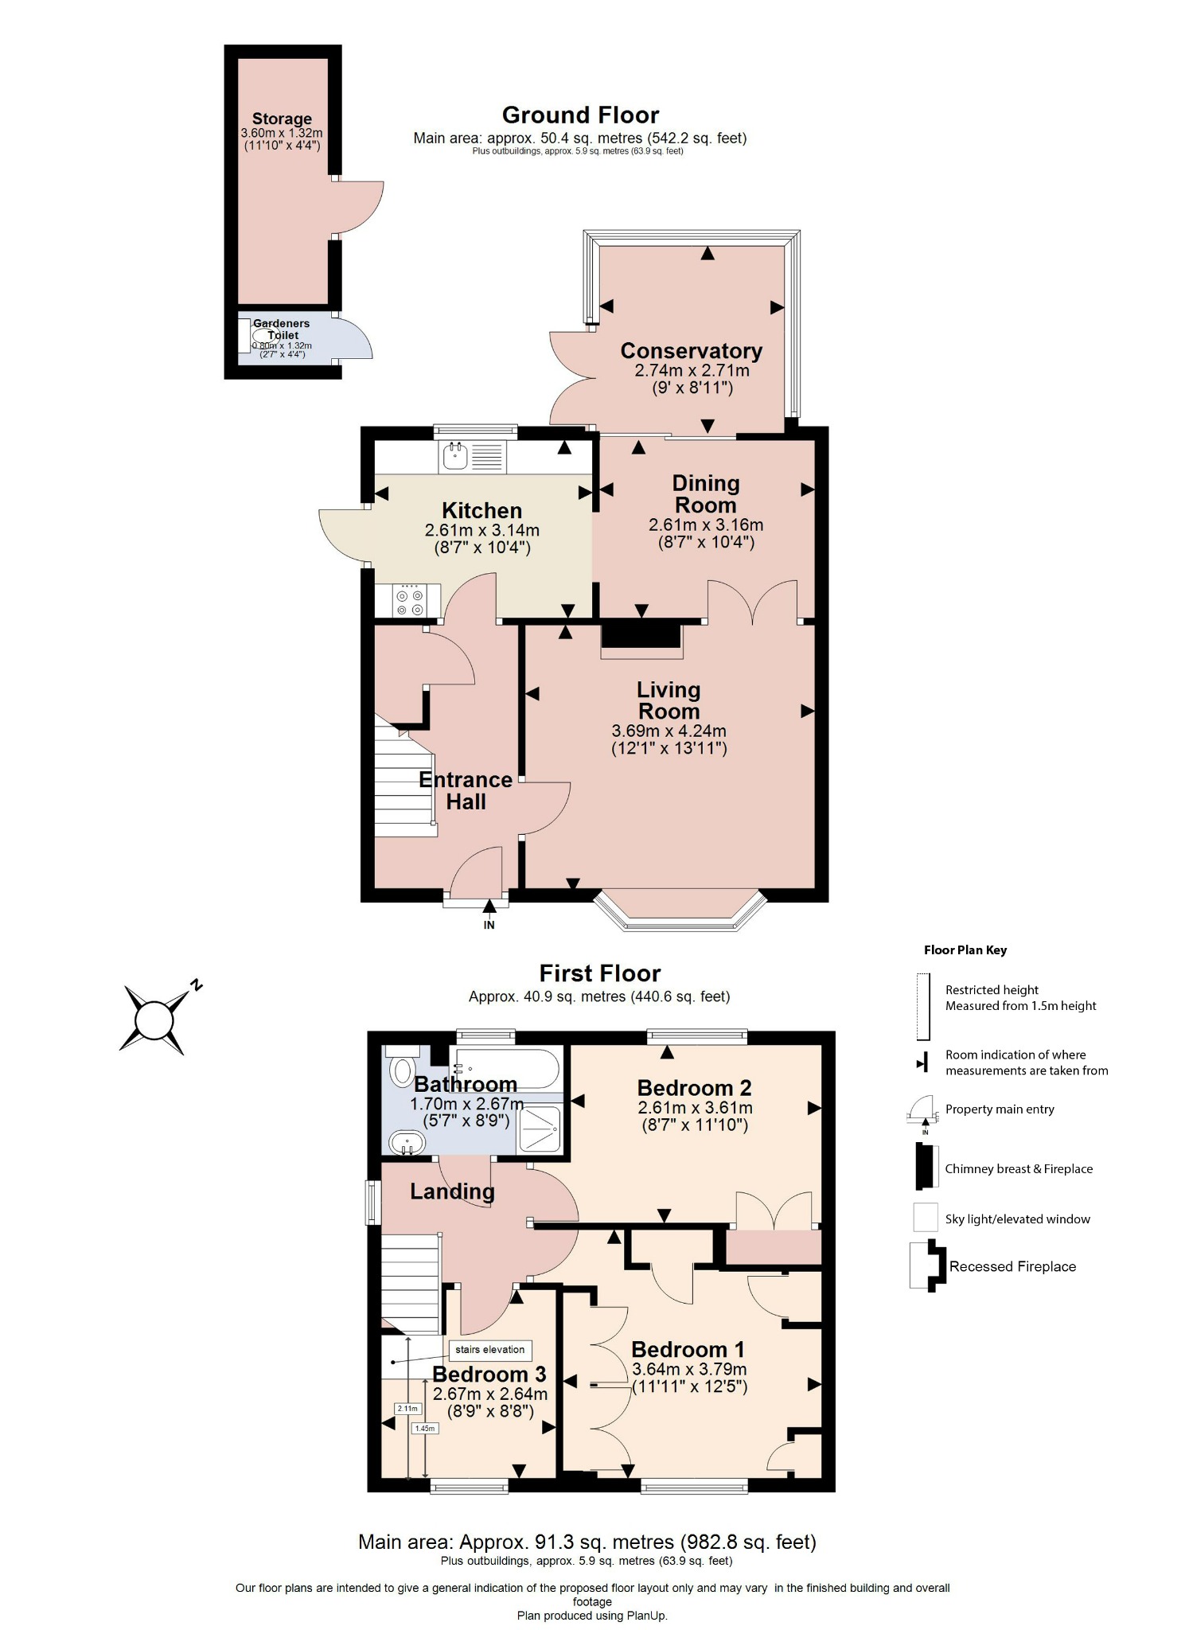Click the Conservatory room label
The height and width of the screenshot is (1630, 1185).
(691, 351)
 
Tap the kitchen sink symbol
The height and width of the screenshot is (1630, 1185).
(456, 457)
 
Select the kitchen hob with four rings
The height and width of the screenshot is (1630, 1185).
(410, 602)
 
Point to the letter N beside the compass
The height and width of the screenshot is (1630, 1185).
(196, 985)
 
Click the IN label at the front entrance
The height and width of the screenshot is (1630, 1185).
(489, 925)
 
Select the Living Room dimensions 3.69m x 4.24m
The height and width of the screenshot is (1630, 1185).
(669, 731)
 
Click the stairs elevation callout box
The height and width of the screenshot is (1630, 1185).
(489, 1349)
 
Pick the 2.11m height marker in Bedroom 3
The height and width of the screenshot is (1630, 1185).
(407, 1408)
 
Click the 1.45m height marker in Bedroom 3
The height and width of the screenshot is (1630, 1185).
(425, 1428)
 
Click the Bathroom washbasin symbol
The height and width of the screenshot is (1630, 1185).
(407, 1144)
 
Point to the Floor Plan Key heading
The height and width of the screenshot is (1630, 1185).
(965, 950)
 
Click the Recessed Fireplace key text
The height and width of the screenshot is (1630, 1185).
(1012, 1266)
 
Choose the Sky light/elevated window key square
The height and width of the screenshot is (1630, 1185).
(925, 1218)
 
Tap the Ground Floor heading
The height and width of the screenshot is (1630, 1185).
(580, 115)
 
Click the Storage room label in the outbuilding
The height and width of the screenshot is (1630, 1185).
(282, 119)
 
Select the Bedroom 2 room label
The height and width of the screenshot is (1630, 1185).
(694, 1088)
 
